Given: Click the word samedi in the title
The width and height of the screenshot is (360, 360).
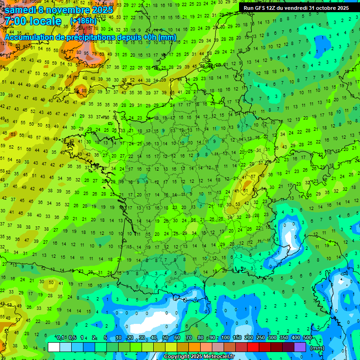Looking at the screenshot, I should coord(21,9).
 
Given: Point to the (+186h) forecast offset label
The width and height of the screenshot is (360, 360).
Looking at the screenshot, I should coord(83,22).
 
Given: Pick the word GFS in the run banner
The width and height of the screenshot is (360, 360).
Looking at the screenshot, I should coord(262,8).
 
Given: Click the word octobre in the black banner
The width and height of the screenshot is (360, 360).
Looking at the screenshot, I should coord(327,8).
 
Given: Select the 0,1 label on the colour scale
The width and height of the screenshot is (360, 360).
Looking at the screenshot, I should coord(60,337).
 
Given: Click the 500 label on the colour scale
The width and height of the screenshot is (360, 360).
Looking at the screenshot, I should coord(307,337).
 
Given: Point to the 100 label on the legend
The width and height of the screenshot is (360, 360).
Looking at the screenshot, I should coord(225,337).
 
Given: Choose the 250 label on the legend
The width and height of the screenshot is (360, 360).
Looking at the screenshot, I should coord(260,337).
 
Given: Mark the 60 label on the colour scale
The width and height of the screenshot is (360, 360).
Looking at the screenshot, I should coord(177,337).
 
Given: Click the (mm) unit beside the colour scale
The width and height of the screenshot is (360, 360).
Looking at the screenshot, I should coord(318,348).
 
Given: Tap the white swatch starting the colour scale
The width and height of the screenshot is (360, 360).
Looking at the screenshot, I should coord(54,347).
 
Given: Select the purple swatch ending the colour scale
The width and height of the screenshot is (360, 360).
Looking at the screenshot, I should coord(300,347).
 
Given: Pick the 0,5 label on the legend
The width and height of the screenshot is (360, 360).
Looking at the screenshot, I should coord(72,337).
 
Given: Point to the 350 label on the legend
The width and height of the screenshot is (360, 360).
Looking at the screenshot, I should coord(284,337).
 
